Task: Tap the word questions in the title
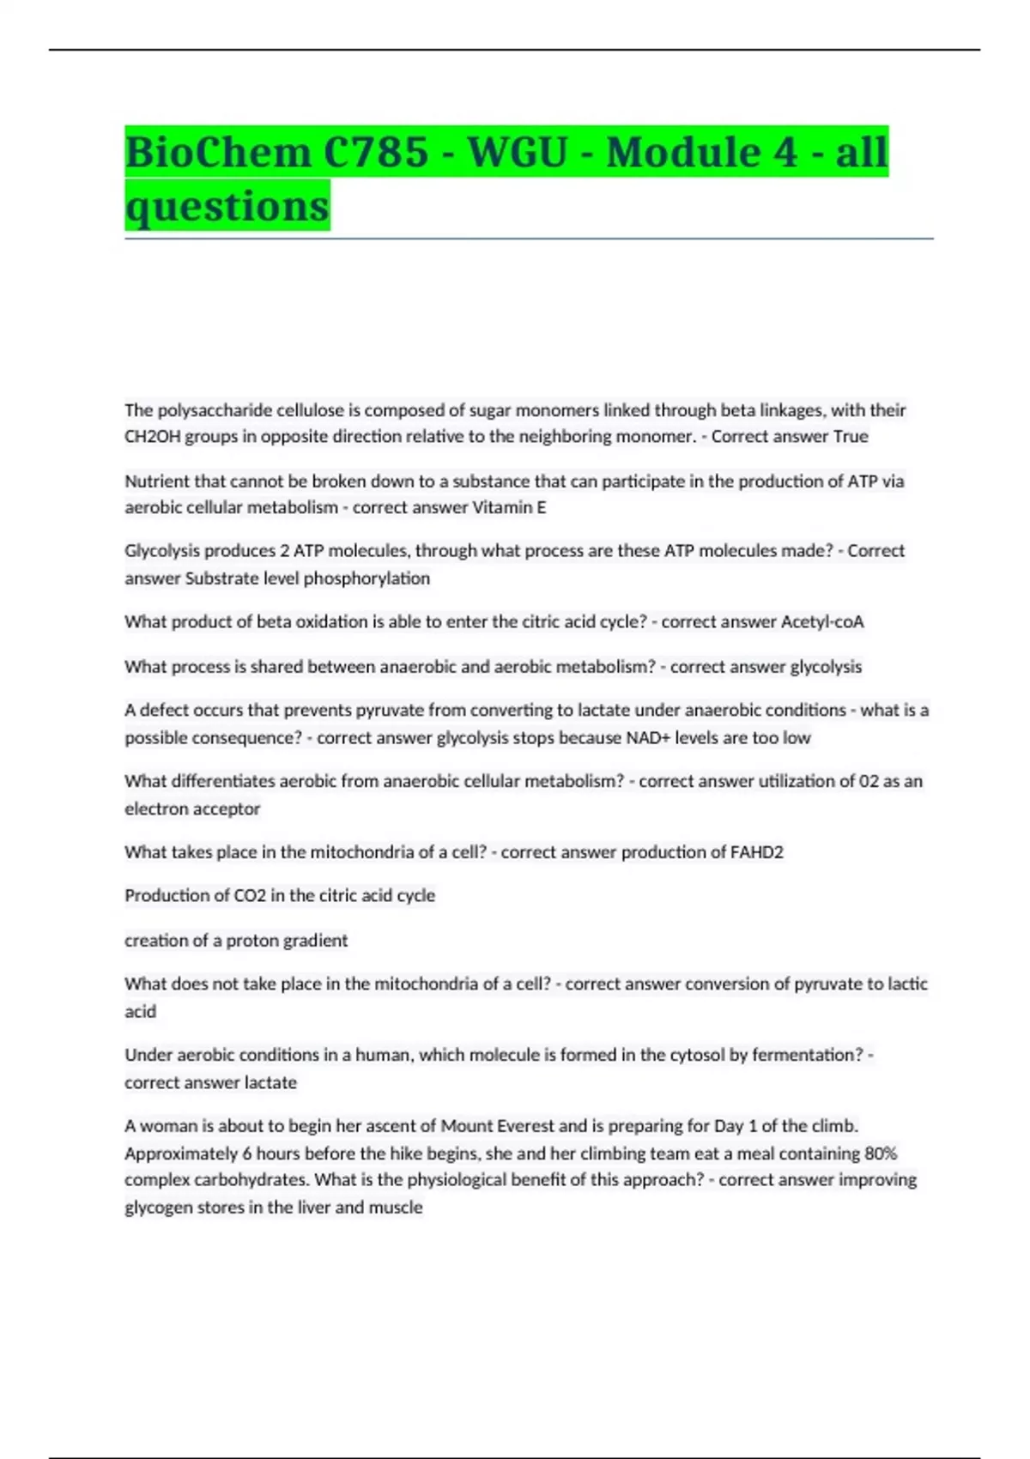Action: (227, 206)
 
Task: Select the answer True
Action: (851, 437)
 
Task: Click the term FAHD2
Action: (756, 852)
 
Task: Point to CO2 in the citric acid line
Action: (250, 896)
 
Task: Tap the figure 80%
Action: (880, 1153)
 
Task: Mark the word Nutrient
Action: (157, 481)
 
